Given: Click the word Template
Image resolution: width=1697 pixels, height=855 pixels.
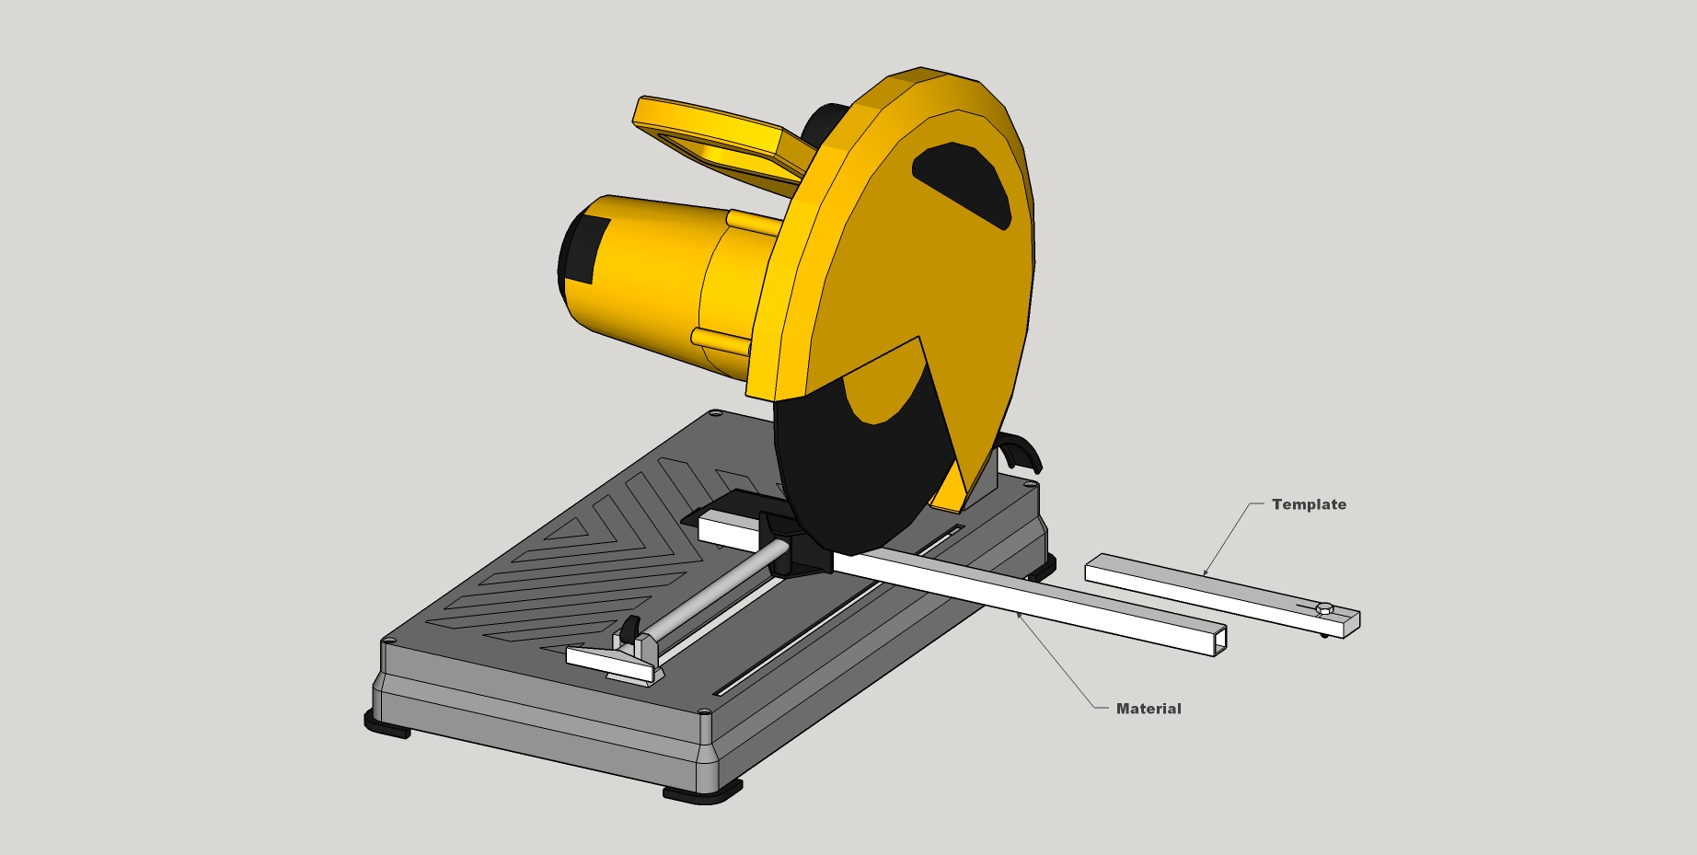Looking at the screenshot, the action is [1309, 504].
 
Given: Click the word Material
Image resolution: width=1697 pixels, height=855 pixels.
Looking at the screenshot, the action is [1149, 709].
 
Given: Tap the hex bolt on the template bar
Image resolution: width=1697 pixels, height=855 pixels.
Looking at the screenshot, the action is [1324, 607].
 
